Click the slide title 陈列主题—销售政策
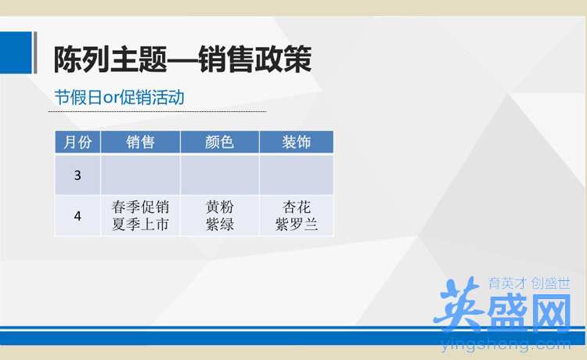[x=182, y=59]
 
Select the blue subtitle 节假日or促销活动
[x=120, y=97]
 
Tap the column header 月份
[x=77, y=142]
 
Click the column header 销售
[x=140, y=142]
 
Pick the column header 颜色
[x=219, y=142]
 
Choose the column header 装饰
[x=297, y=142]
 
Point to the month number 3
[x=77, y=175]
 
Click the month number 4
[x=77, y=216]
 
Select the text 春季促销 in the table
[x=140, y=207]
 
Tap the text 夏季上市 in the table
[x=140, y=225]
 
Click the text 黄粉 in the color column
[x=220, y=207]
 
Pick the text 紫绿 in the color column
[x=220, y=225]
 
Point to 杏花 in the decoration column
[x=297, y=207]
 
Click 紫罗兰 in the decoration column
[x=297, y=225]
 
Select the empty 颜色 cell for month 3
[x=220, y=175]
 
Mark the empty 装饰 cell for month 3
[x=297, y=175]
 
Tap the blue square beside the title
[x=16, y=52]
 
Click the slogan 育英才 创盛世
[x=529, y=283]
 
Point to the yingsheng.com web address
[x=506, y=344]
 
